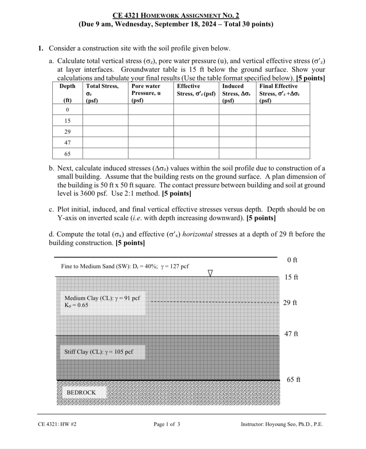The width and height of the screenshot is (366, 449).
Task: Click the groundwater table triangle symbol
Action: coord(210,273)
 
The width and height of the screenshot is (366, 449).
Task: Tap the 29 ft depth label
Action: coord(290,303)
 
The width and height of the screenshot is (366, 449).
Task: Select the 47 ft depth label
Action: coord(291,334)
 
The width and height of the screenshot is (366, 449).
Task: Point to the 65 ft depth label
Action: coord(293,379)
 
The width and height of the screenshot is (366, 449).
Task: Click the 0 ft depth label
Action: coord(292,260)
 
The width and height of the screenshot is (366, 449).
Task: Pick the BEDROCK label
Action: coord(81,392)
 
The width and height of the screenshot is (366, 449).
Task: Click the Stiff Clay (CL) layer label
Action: coord(99,352)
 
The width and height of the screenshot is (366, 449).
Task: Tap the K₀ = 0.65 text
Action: coord(76,305)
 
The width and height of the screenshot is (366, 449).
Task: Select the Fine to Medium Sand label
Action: coord(125,266)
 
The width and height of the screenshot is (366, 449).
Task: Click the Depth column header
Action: coord(68,86)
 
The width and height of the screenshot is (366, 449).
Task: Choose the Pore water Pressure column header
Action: coord(146,90)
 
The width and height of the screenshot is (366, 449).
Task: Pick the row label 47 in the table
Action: coord(68,142)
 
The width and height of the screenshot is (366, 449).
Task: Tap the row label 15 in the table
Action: coord(68,121)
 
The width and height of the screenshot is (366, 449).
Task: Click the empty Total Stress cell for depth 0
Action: coord(105,110)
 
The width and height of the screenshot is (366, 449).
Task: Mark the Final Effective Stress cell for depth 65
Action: coord(283,154)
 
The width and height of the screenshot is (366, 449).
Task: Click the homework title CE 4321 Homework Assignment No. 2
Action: coord(176,15)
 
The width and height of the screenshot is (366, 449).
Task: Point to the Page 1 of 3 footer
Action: coord(167,424)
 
